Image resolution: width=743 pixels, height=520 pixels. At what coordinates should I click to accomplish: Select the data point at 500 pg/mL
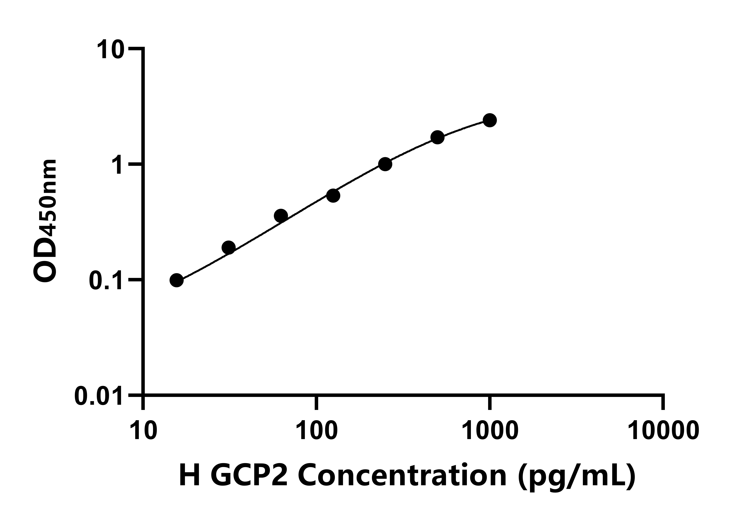pos(437,138)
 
